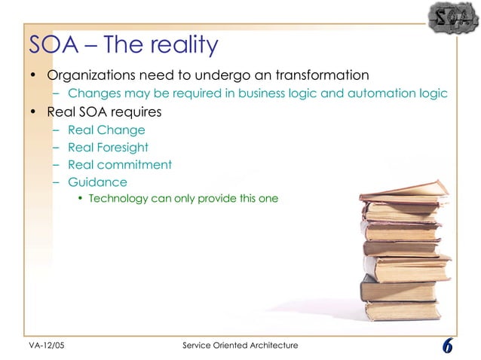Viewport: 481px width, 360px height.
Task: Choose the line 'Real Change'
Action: (106, 130)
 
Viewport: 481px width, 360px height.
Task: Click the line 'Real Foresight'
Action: (108, 148)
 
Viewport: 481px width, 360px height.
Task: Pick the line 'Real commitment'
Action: (120, 164)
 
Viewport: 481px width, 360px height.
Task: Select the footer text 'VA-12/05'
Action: (36, 345)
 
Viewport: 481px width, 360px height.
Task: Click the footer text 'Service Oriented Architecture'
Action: (240, 345)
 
